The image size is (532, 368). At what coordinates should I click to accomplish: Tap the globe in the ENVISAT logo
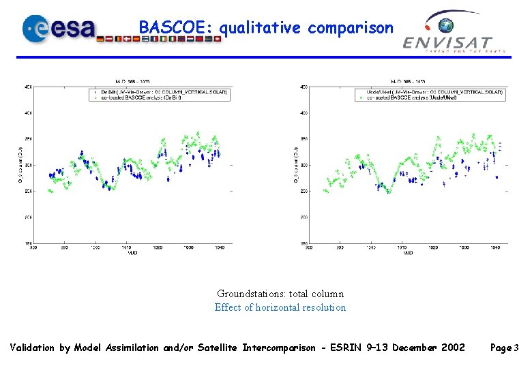[x=447, y=27]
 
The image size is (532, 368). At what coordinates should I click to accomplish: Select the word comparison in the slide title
[x=351, y=28]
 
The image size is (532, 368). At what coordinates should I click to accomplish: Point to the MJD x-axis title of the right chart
[x=407, y=254]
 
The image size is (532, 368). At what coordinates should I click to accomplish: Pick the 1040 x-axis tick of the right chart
[x=496, y=248]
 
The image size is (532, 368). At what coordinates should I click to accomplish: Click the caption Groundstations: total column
[x=280, y=294]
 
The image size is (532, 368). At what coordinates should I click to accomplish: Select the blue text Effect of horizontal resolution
[x=280, y=307]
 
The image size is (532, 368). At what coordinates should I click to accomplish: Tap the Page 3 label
[x=504, y=348]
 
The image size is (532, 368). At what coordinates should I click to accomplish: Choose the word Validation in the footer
[x=33, y=348]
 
